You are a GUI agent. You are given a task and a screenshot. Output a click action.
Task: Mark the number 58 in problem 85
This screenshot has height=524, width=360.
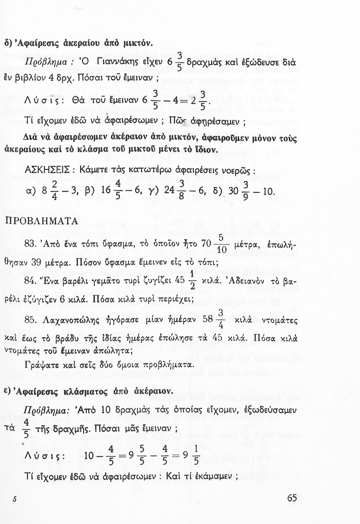(209, 320)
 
